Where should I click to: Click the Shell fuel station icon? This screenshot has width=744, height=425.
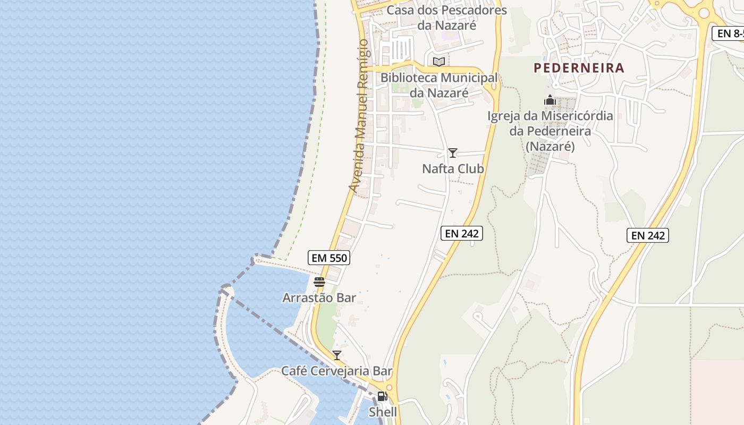click(382, 396)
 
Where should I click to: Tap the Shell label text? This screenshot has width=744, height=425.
click(383, 412)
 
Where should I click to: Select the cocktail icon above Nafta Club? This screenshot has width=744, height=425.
click(452, 153)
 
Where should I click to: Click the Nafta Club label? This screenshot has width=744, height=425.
click(453, 169)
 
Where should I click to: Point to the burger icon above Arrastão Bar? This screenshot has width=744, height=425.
click(319, 282)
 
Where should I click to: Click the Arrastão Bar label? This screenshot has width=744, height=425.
click(319, 297)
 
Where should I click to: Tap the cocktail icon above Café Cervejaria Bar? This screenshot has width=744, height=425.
click(336, 355)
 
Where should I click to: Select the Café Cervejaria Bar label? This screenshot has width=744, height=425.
click(336, 371)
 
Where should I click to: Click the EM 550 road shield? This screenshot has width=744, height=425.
click(328, 258)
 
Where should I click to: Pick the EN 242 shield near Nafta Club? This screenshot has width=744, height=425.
click(461, 233)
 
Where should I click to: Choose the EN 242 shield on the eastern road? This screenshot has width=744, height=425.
click(647, 235)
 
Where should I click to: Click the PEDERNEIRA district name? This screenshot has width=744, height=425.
click(579, 68)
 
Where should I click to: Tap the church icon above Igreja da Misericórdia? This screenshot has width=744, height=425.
click(549, 100)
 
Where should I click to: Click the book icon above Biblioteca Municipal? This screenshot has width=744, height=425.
click(438, 62)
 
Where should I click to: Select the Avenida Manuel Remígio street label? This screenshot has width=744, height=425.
click(358, 116)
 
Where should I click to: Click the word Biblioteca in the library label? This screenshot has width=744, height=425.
click(409, 78)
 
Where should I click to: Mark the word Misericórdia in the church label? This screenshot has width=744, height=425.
click(577, 116)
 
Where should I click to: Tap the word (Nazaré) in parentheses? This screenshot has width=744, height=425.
click(550, 146)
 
